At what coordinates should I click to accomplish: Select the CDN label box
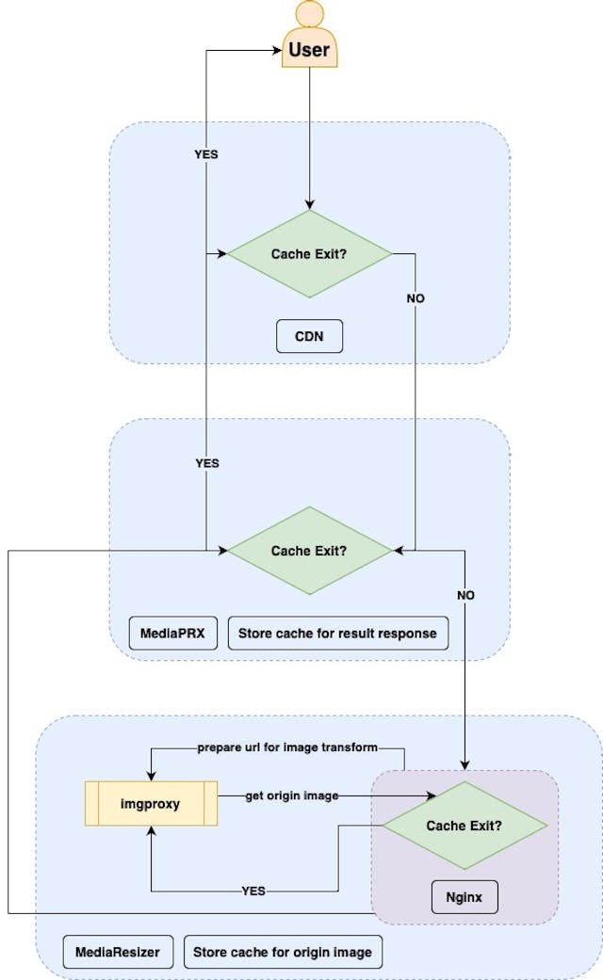click(309, 336)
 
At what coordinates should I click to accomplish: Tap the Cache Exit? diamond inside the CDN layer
click(309, 254)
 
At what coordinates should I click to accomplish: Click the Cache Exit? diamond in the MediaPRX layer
click(309, 551)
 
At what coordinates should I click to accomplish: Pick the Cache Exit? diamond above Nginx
click(464, 826)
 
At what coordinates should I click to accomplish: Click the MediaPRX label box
click(172, 634)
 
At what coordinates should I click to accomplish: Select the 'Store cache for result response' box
click(337, 634)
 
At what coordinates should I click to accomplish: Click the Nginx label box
click(464, 897)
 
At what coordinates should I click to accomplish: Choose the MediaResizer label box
click(118, 952)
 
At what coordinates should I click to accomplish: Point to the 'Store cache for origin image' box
click(283, 952)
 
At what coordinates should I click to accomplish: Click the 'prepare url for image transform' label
click(287, 747)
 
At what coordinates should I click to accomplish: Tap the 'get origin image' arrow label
click(291, 796)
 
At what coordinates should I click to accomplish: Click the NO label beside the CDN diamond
click(416, 298)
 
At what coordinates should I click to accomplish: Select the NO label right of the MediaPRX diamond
click(465, 596)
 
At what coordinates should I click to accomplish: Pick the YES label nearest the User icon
click(206, 154)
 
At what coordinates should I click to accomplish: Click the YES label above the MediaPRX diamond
click(206, 463)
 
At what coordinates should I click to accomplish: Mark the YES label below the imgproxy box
click(253, 891)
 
